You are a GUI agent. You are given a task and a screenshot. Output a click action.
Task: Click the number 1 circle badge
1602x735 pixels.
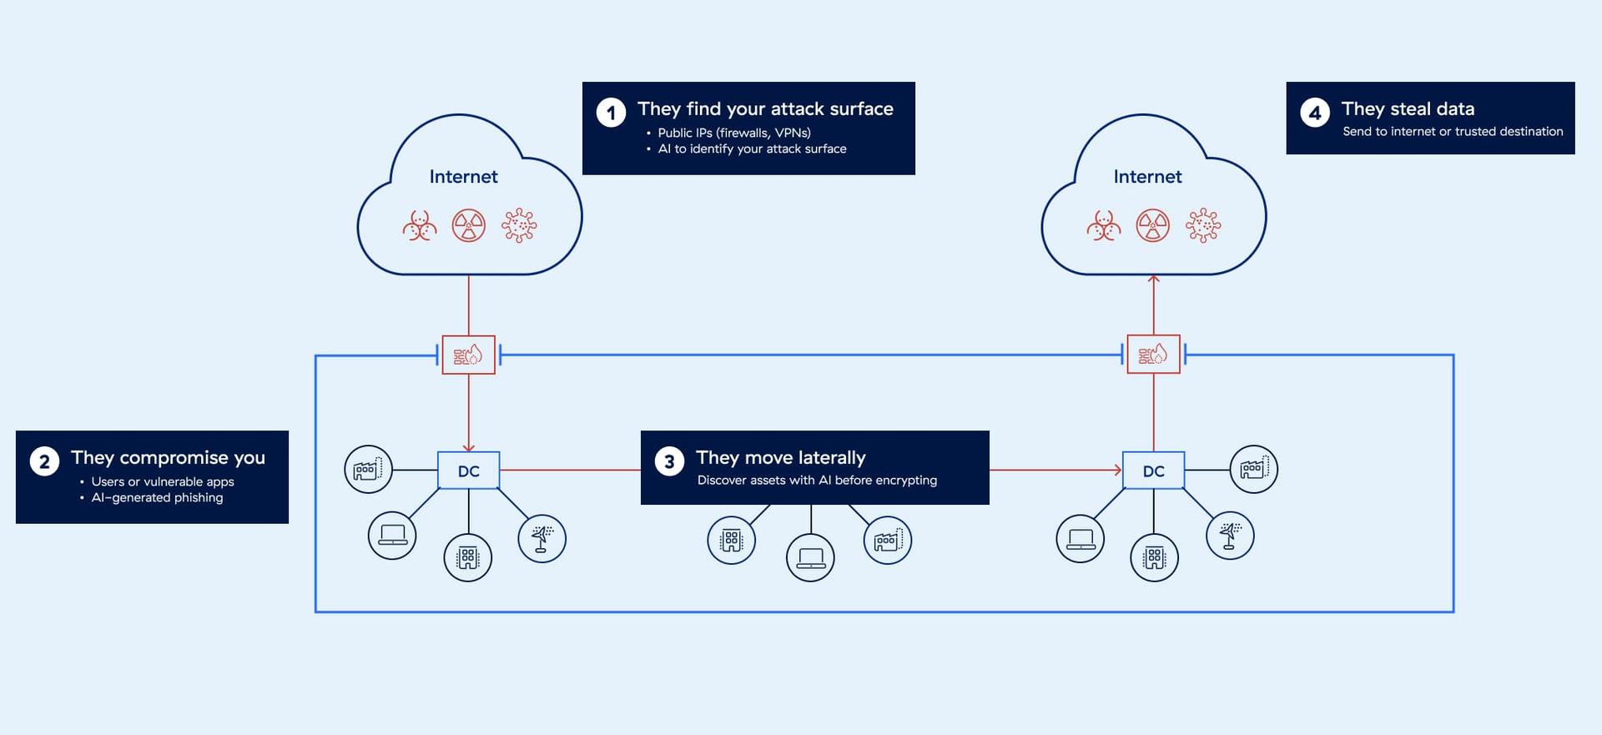(x=611, y=113)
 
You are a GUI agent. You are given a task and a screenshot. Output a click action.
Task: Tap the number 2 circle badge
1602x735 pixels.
(x=44, y=461)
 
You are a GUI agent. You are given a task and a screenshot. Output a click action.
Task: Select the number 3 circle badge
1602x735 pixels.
(x=669, y=461)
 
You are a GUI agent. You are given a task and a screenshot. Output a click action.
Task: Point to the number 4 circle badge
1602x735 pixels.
(x=1315, y=113)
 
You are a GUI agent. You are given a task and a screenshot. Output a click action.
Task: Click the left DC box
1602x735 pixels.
(x=469, y=471)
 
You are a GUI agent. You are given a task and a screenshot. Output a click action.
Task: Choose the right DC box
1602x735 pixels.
(x=1153, y=471)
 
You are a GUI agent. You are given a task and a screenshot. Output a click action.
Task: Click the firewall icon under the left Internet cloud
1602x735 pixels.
(x=469, y=355)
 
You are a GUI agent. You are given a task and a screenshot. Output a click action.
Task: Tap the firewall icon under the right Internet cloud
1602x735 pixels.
(x=1153, y=355)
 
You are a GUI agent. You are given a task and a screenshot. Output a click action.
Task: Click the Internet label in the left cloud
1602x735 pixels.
(x=463, y=177)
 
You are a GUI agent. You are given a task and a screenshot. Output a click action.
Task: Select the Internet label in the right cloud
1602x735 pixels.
(x=1147, y=177)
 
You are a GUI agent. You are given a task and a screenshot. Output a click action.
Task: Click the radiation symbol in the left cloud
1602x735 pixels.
(x=469, y=225)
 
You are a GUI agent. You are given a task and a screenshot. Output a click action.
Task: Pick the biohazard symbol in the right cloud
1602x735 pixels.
(x=1104, y=225)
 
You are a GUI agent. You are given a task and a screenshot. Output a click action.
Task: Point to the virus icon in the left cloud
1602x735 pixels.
(x=519, y=225)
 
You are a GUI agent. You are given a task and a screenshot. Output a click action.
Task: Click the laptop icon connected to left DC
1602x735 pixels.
(x=392, y=535)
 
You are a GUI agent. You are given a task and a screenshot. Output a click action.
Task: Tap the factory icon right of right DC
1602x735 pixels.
(x=1253, y=469)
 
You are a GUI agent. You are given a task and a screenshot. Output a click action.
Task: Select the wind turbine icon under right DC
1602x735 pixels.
(x=1230, y=535)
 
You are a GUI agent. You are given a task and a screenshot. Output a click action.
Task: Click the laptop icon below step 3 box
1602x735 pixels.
(x=810, y=557)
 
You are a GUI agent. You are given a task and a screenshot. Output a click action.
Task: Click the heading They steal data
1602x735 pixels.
(x=1408, y=109)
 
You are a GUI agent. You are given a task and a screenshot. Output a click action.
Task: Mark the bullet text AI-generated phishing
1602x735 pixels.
(x=157, y=497)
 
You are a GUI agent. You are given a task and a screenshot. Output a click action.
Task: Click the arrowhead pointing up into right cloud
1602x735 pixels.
(x=1153, y=280)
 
